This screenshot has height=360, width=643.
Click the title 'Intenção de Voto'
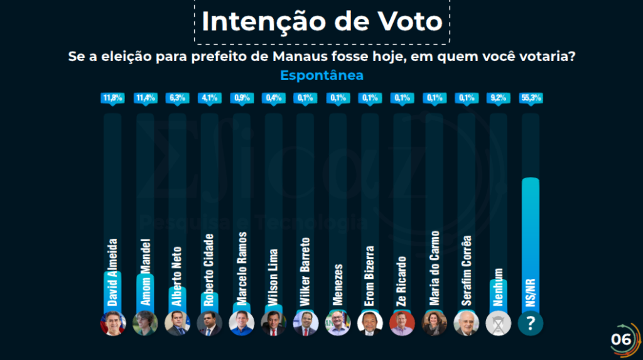point(321,21)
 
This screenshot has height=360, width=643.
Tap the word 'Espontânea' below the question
point(321,75)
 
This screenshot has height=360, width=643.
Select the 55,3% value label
point(531,98)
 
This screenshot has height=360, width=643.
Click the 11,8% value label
point(112,98)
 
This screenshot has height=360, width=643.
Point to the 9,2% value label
point(498,98)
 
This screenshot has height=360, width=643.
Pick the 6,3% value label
point(177,98)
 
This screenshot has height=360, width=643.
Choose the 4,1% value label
point(209,98)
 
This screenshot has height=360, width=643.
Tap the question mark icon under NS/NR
point(531,324)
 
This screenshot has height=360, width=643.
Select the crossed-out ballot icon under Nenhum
point(498,324)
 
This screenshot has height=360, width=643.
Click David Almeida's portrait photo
point(113,324)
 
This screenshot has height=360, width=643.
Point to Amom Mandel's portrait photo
point(145,324)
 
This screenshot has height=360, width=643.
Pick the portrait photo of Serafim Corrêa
point(466,324)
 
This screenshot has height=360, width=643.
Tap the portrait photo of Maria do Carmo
point(434,324)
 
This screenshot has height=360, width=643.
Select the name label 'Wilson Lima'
point(274,277)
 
